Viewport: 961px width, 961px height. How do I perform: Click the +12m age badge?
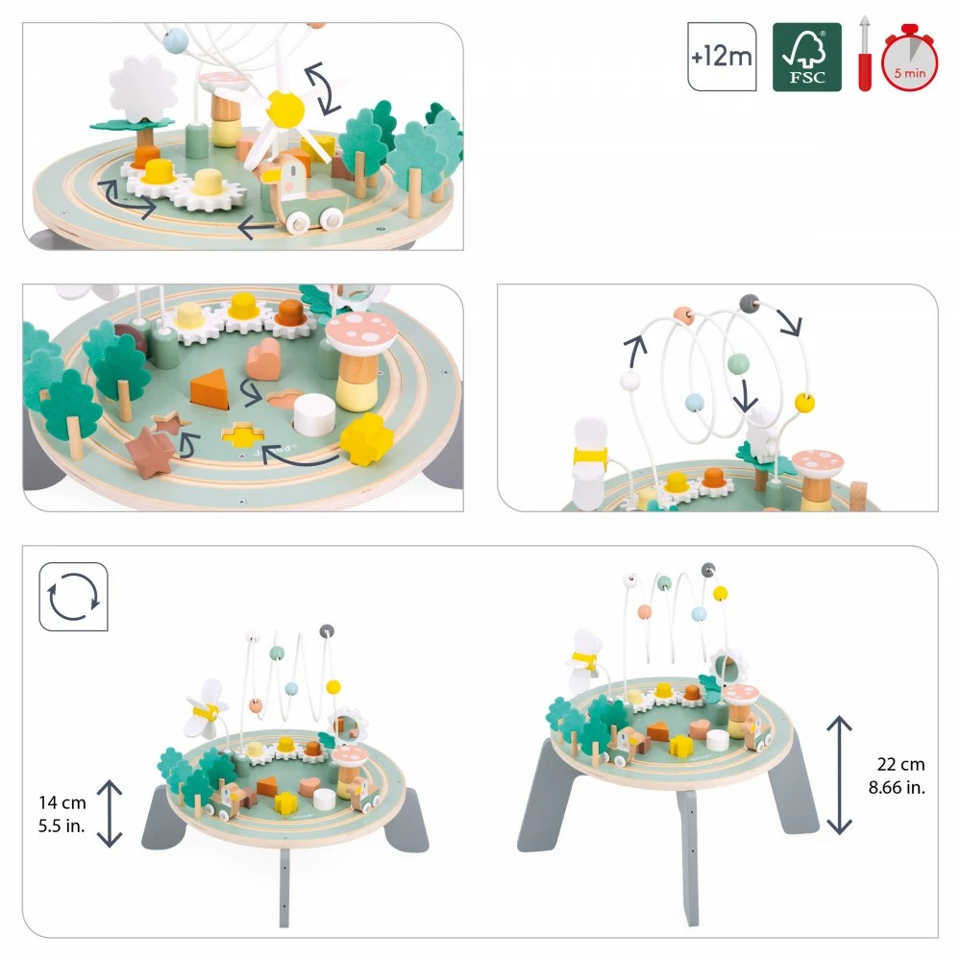(x=722, y=58)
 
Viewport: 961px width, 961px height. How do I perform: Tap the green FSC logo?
(x=807, y=58)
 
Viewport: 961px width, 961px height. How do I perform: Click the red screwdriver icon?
(x=864, y=56)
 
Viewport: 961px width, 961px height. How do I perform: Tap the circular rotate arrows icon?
(x=73, y=597)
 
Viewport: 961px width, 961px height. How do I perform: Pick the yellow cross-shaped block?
(x=366, y=439)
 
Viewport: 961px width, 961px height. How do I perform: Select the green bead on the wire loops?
(x=738, y=364)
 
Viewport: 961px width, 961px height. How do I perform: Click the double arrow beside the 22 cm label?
(x=840, y=776)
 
